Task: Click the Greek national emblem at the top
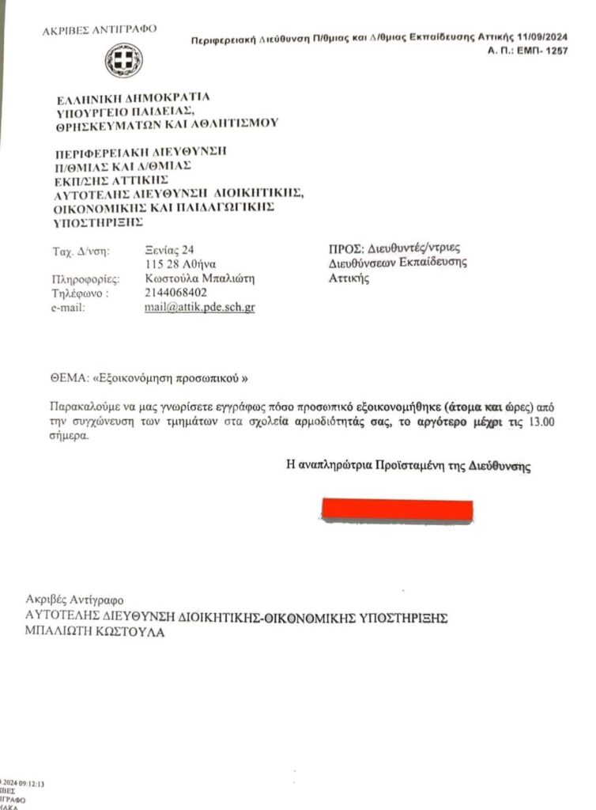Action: [124, 60]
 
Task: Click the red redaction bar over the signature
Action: [397, 510]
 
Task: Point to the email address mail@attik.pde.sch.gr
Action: [199, 308]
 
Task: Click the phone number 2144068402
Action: [176, 293]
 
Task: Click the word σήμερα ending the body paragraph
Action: [66, 436]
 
